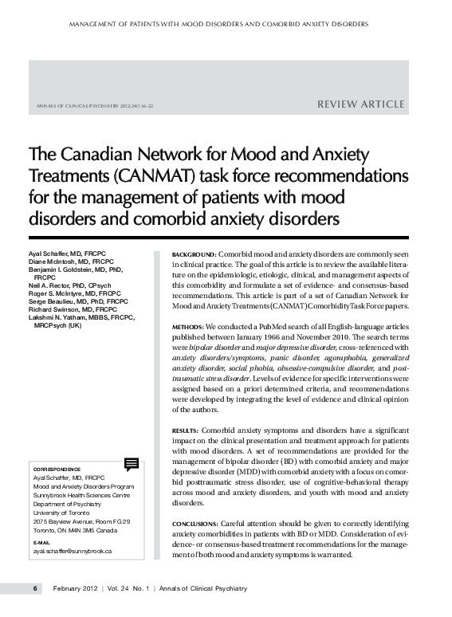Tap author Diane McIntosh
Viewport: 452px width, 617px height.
[49, 261]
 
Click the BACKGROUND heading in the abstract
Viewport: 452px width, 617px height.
[194, 253]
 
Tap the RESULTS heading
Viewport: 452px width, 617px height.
[186, 430]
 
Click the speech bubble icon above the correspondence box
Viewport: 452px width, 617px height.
[132, 464]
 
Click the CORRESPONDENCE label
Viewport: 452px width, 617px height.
[56, 470]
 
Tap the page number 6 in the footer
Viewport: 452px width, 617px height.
[35, 588]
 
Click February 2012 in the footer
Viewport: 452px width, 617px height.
[77, 588]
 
